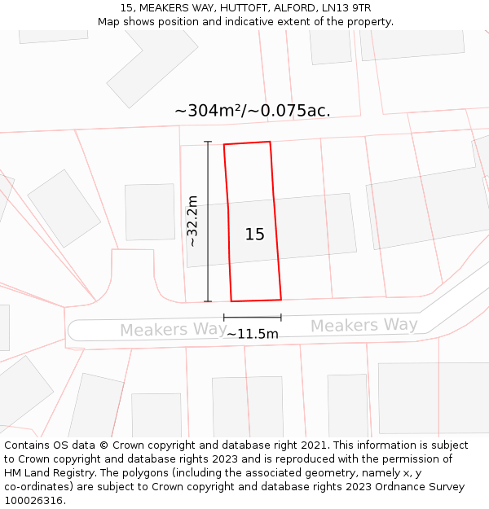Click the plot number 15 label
pos(255,235)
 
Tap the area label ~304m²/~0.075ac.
pos(253,111)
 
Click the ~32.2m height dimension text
pos(192,221)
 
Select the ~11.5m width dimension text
pos(253,334)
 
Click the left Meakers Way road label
pos(174,330)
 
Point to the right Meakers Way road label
pos(363,326)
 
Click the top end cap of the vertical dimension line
pos(208,142)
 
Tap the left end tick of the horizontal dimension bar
pos(224,317)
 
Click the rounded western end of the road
pos(73,330)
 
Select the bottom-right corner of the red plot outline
pos(281,299)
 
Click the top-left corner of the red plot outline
pos(224,145)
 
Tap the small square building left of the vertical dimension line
pos(150,212)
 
